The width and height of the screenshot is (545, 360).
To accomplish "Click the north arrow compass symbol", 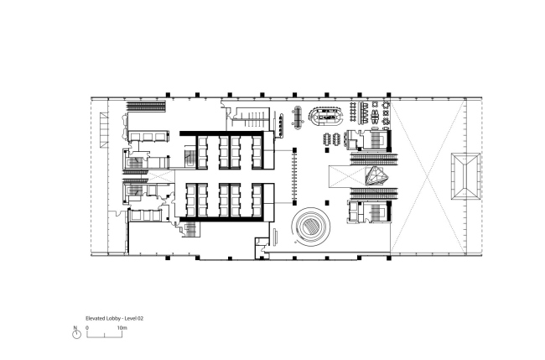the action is pos(76,334).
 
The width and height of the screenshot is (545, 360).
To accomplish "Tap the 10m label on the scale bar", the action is pos(122,327).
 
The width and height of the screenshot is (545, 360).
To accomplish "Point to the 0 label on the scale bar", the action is pos(87,327).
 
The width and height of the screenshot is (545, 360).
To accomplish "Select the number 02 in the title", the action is pos(140,318).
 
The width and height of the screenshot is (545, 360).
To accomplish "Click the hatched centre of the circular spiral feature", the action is pos(311,227).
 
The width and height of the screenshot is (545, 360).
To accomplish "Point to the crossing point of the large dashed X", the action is pos(428,177).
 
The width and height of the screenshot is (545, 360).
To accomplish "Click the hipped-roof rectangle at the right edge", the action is pos(465,176).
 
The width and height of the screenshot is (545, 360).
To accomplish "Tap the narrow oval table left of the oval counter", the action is pos(297,117).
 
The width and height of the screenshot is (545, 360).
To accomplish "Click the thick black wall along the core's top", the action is pos(221,133).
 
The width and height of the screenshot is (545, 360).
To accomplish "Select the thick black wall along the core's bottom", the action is pos(221,219).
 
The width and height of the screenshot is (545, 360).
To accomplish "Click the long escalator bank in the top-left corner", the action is pos(146,107).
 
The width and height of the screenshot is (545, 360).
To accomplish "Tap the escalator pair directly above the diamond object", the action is pos(374,159).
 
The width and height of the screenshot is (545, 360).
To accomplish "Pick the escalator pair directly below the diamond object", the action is pos(374,193).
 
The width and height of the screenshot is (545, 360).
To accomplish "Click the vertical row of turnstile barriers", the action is pos(295,176).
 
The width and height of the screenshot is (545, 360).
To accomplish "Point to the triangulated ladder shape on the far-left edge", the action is pos(104,130).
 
